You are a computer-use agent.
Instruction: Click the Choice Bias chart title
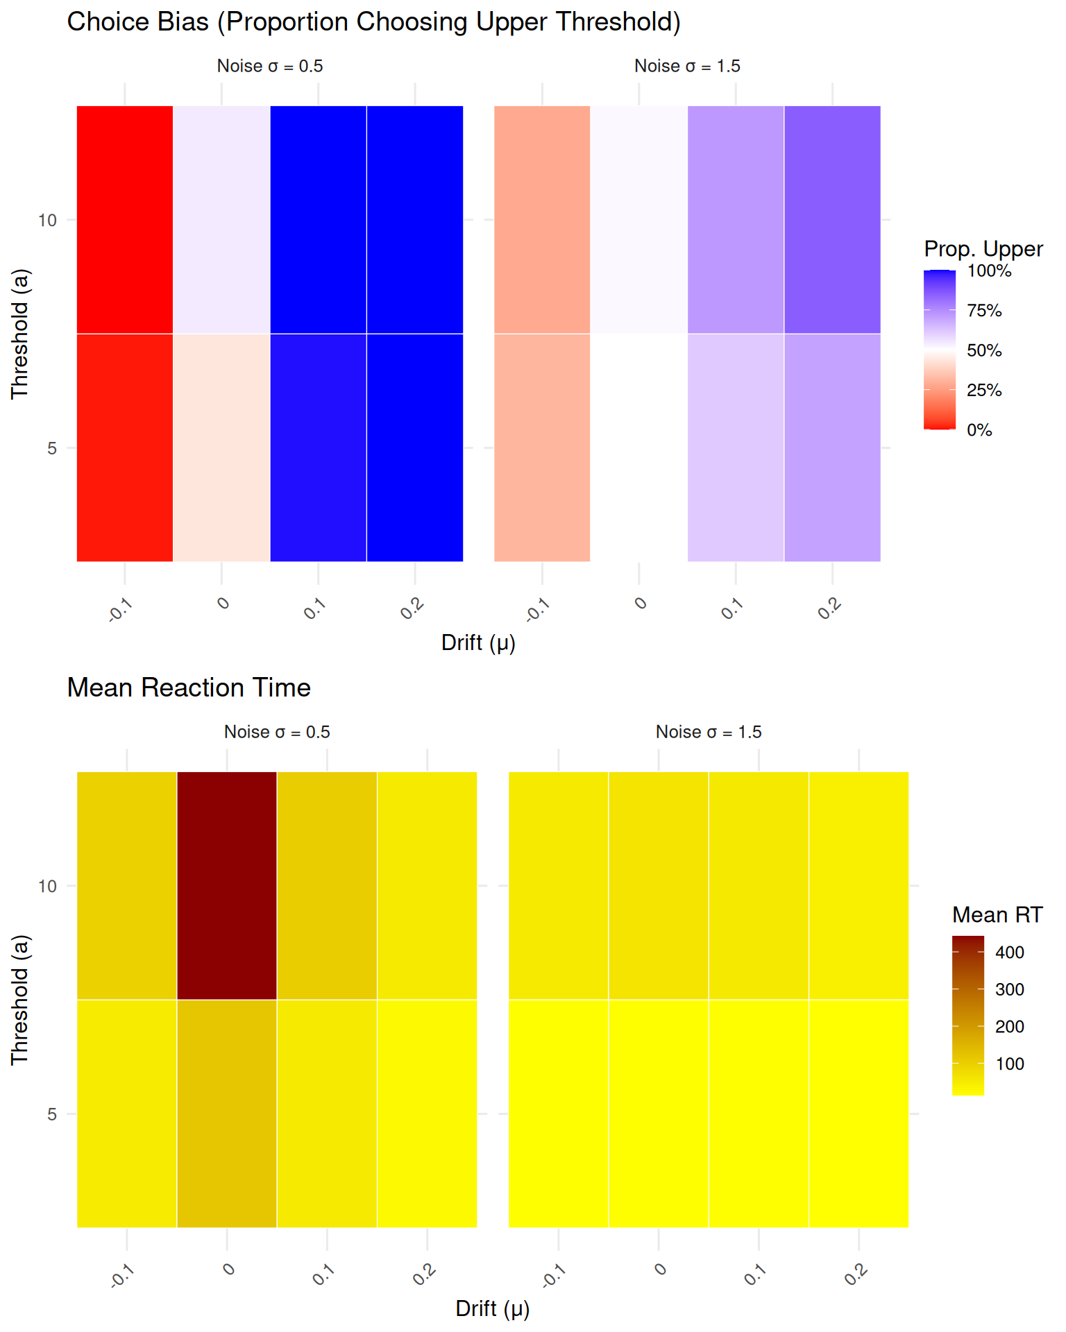pos(373,22)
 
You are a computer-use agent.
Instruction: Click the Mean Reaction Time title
pos(189,688)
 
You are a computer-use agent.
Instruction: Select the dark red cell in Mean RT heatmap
pos(227,885)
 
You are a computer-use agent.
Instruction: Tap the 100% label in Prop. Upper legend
pos(989,271)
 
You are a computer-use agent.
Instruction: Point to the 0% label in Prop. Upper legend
pos(979,430)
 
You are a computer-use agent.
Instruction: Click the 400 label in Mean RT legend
pos(1009,953)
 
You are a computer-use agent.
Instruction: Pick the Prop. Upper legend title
pos(983,248)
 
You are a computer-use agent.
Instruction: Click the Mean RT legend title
pos(997,915)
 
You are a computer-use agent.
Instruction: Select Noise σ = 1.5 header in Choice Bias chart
pos(687,66)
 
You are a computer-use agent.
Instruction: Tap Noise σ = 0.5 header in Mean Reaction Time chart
pos(277,732)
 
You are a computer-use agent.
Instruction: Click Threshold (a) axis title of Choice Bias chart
pos(20,334)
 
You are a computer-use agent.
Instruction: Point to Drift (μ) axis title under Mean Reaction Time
pos(492,1308)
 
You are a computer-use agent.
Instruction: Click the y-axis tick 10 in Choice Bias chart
pos(46,221)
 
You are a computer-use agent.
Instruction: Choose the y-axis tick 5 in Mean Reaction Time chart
pos(51,1114)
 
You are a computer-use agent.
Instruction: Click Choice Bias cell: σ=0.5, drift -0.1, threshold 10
pos(125,219)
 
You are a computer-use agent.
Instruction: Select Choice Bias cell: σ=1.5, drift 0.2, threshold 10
pos(832,219)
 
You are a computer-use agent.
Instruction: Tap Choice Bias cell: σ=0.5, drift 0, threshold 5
pos(221,447)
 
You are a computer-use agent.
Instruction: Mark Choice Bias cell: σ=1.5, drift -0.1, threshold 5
pos(542,447)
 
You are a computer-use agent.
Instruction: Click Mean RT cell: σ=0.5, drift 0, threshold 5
pos(227,1113)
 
